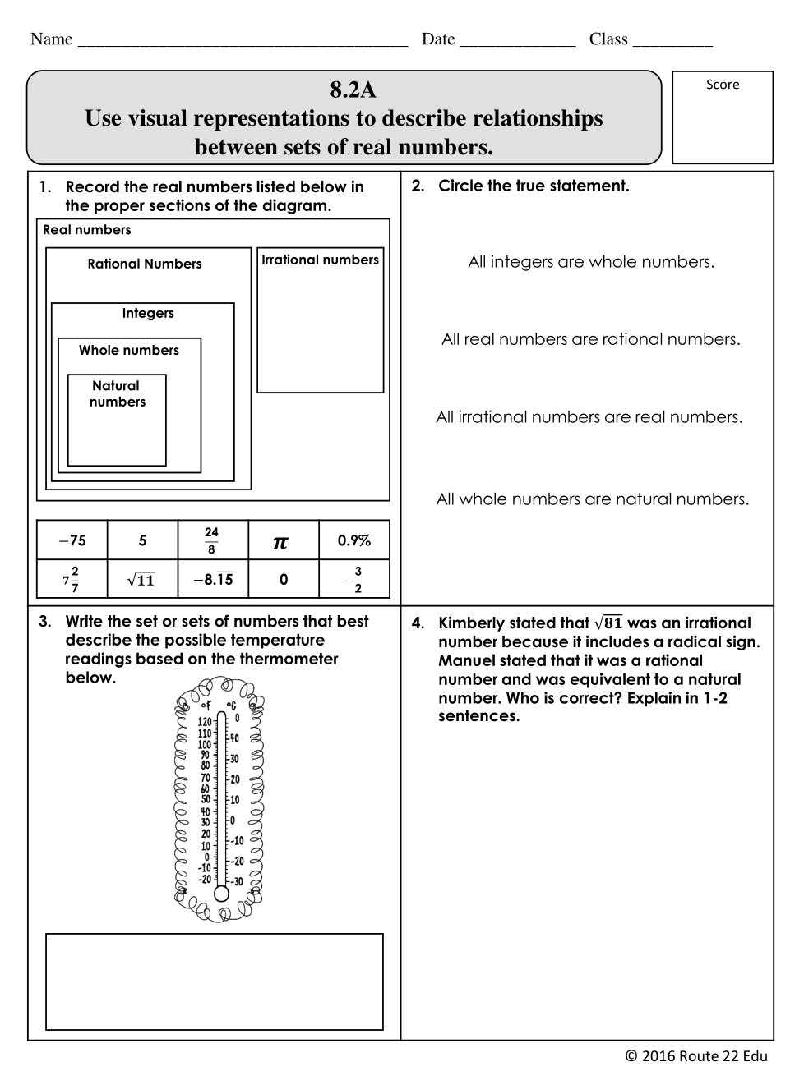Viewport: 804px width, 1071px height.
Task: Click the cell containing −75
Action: point(72,540)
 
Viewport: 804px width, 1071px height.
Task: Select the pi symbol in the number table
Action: point(280,541)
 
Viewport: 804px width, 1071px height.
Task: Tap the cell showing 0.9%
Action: point(353,540)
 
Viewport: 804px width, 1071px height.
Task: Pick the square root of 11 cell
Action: point(141,580)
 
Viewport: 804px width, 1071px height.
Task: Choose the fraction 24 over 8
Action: point(211,540)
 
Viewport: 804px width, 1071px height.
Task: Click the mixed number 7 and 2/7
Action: point(72,580)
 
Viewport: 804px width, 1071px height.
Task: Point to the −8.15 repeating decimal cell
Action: point(213,580)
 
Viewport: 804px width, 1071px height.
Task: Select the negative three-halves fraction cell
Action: point(354,580)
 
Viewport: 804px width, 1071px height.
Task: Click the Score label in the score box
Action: point(723,85)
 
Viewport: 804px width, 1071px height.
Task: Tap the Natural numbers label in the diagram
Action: point(117,393)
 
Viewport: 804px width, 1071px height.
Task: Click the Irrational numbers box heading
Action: point(320,260)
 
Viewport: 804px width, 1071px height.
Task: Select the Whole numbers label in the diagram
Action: point(129,350)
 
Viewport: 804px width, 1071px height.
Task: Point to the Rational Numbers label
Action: point(145,264)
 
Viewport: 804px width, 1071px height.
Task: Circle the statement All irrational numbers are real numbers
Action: point(589,417)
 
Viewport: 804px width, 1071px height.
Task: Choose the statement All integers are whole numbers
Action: point(591,262)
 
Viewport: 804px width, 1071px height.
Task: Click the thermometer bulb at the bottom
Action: point(221,894)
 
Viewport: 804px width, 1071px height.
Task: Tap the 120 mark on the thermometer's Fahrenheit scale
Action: point(205,722)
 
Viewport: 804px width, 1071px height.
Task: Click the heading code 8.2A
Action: point(353,90)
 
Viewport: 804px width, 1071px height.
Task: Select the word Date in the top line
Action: point(438,39)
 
